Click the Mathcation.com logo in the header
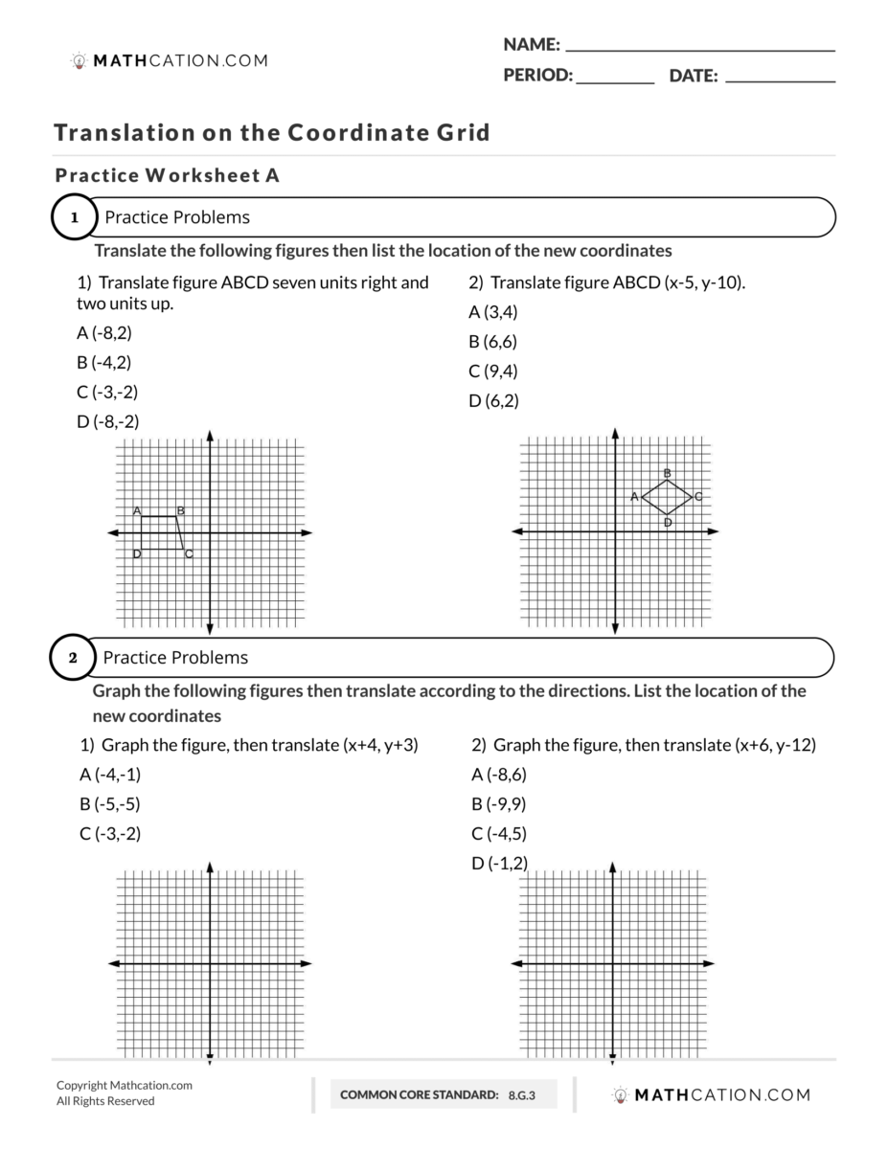click(x=170, y=61)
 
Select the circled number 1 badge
click(x=74, y=217)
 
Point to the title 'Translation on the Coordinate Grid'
click(x=272, y=132)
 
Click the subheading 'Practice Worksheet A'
click(x=168, y=176)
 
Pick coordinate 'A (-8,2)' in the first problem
click(x=103, y=333)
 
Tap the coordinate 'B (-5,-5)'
click(x=109, y=804)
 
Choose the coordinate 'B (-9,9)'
click(x=499, y=804)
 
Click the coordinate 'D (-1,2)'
click(x=499, y=864)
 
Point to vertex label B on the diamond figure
click(x=667, y=473)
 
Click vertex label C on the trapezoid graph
click(x=189, y=553)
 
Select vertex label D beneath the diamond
click(x=667, y=522)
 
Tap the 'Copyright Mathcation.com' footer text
click(x=125, y=1086)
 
